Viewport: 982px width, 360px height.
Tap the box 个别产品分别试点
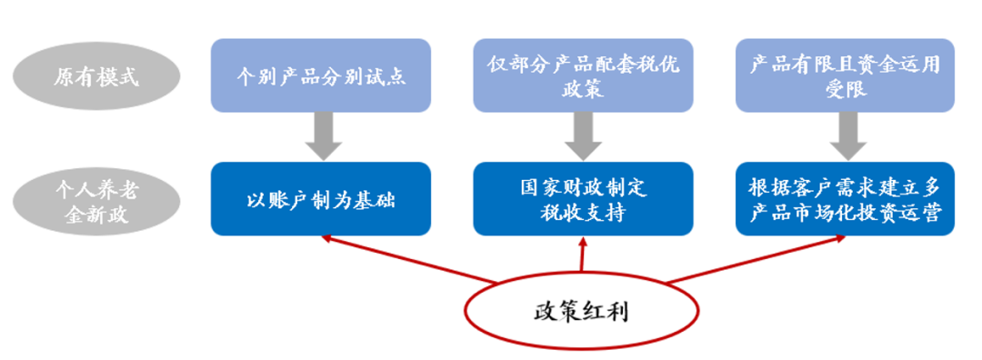(320, 75)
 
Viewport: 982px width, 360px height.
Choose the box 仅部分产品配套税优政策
(583, 75)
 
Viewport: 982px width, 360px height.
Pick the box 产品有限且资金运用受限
(845, 75)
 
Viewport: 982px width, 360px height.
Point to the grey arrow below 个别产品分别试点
(321, 137)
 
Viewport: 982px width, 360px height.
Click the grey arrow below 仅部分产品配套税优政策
(583, 137)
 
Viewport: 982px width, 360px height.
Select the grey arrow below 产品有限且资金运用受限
(845, 137)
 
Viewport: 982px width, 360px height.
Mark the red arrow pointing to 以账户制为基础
(409, 258)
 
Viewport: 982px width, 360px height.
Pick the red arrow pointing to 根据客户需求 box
(755, 258)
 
